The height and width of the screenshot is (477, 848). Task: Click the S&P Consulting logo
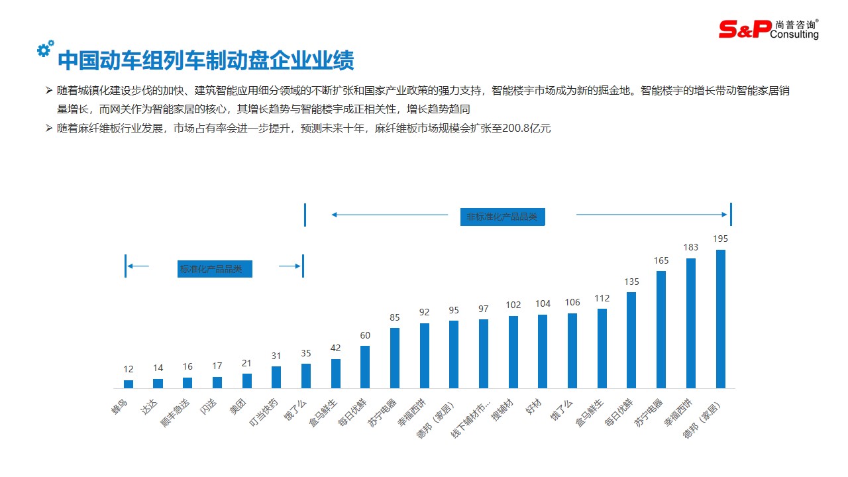pyautogui.click(x=768, y=28)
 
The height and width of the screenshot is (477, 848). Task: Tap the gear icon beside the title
pyautogui.click(x=45, y=48)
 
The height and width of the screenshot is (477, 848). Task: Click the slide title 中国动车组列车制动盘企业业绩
pyautogui.click(x=206, y=60)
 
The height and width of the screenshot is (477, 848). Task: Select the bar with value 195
pyautogui.click(x=721, y=319)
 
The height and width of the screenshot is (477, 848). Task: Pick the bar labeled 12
pyautogui.click(x=129, y=384)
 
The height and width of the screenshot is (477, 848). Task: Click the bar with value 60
pyautogui.click(x=365, y=366)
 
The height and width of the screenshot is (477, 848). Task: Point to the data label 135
pyautogui.click(x=631, y=282)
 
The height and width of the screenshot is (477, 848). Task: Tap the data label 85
pyautogui.click(x=395, y=317)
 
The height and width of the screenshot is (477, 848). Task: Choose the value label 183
pyautogui.click(x=691, y=247)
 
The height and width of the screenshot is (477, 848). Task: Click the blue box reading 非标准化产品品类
pyautogui.click(x=502, y=217)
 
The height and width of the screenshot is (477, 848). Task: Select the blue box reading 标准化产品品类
pyautogui.click(x=215, y=269)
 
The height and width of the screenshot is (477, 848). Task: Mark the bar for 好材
pyautogui.click(x=543, y=351)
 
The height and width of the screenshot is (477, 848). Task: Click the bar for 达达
pyautogui.click(x=158, y=383)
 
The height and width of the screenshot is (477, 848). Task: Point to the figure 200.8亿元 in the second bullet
pyautogui.click(x=519, y=129)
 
